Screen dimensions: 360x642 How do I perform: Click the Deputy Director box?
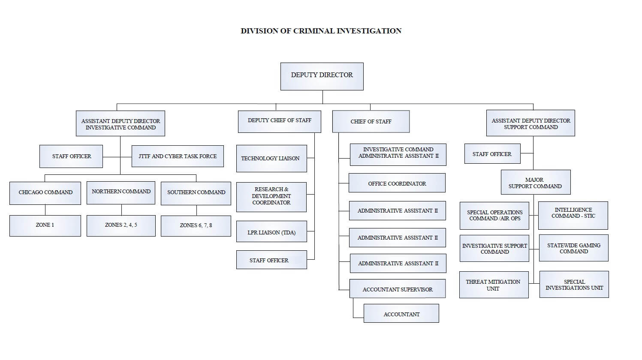(322, 76)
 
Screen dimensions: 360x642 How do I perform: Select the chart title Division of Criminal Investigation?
(321, 31)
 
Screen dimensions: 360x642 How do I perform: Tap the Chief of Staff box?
(371, 122)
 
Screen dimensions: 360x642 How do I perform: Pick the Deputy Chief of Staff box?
(279, 121)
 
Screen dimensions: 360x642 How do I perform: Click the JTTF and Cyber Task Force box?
(178, 156)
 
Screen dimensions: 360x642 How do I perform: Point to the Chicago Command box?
(45, 192)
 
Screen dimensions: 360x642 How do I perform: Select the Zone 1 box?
(45, 225)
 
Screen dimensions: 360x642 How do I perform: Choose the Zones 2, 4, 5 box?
(121, 225)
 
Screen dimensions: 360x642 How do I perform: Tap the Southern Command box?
(196, 192)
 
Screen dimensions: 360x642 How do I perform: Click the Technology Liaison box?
(271, 159)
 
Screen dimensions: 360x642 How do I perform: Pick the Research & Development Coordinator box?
(271, 197)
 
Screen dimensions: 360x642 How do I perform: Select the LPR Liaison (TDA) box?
(271, 232)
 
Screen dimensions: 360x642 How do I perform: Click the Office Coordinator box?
(397, 183)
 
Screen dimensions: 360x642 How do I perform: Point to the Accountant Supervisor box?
(397, 289)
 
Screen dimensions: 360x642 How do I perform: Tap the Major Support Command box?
(535, 183)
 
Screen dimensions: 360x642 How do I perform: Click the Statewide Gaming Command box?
(573, 248)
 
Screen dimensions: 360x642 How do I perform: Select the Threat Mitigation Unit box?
(494, 285)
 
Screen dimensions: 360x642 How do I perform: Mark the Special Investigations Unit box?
(574, 285)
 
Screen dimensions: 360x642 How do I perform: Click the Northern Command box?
(121, 192)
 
